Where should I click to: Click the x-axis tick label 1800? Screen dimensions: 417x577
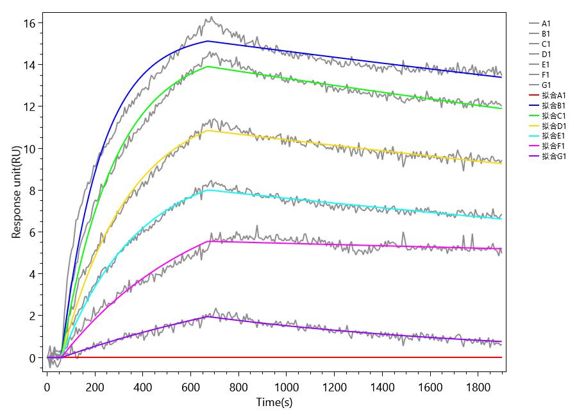(x=478, y=387)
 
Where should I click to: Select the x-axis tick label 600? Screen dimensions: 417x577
(x=190, y=387)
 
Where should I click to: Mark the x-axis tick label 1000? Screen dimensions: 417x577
(x=286, y=387)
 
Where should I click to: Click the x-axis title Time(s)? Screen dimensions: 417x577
(x=274, y=403)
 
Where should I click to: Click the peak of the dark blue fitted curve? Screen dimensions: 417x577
(x=208, y=41)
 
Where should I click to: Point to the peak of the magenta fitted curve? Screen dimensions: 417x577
(x=208, y=241)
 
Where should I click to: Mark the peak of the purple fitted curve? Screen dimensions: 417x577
(x=208, y=316)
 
